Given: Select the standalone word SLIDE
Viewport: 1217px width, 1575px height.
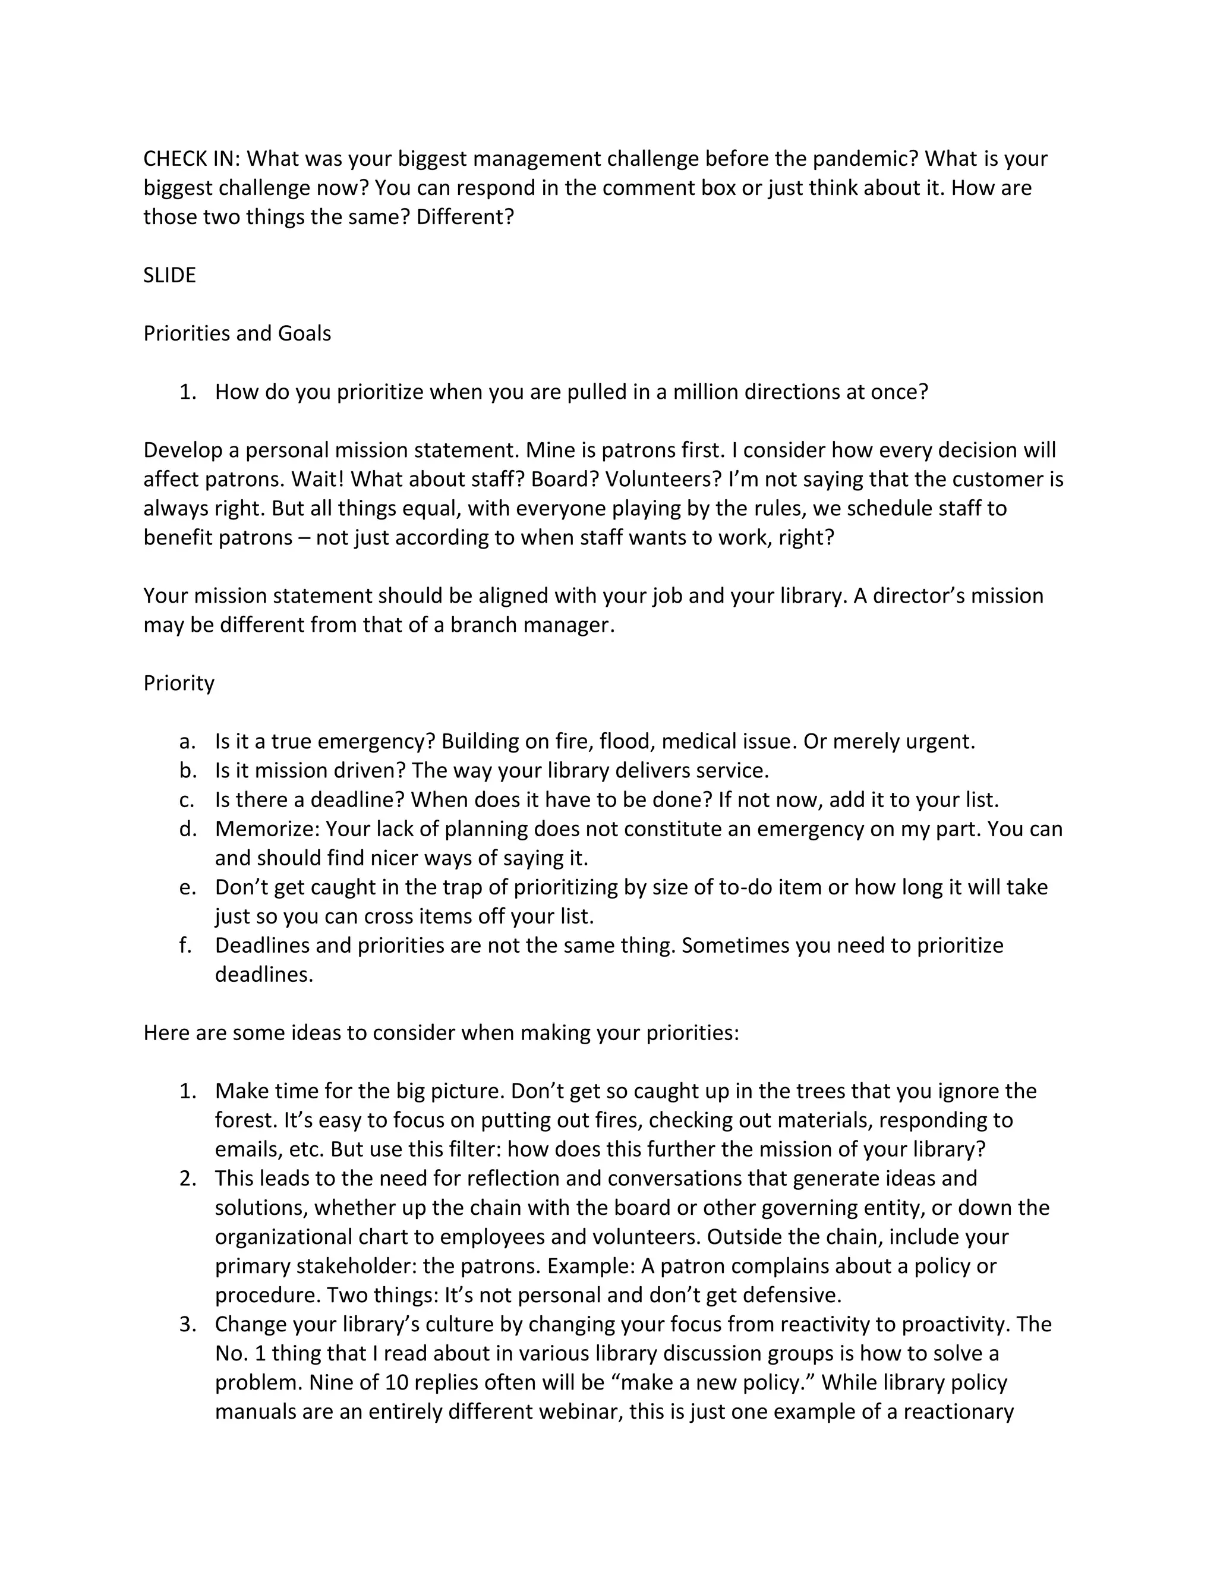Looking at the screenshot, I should click(x=169, y=276).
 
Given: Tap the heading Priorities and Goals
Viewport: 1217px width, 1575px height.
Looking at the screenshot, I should click(x=237, y=334).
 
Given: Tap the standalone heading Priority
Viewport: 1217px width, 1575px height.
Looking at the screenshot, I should click(x=179, y=683).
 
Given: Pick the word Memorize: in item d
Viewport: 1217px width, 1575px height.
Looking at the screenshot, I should click(x=267, y=829).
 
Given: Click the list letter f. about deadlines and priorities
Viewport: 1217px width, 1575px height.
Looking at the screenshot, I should click(x=186, y=946).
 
